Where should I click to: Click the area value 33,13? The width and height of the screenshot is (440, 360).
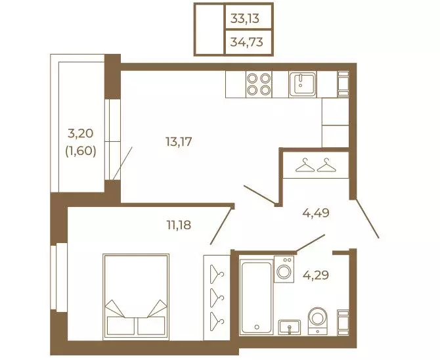point(245,18)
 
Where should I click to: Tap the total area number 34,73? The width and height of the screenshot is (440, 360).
point(247,42)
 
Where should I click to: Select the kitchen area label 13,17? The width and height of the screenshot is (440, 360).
point(179,141)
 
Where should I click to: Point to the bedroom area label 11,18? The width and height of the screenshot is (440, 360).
point(179,225)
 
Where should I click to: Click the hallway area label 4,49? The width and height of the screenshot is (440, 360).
point(316,213)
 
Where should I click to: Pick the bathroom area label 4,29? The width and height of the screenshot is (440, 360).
point(316,275)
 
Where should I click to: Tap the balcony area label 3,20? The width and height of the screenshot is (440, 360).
point(81,133)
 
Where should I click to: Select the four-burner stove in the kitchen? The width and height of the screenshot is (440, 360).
point(259,84)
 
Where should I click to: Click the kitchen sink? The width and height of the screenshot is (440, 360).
point(303,84)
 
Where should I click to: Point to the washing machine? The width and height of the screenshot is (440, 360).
point(284,269)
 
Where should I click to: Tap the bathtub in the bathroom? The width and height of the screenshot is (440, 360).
point(256,296)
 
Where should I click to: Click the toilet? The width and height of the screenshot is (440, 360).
point(318,321)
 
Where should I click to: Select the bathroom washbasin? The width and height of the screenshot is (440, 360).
point(290,327)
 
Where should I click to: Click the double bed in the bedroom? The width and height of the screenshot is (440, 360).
point(136,297)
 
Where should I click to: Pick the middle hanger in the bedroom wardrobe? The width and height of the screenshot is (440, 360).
point(217,296)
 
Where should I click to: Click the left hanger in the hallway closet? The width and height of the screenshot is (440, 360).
point(305,165)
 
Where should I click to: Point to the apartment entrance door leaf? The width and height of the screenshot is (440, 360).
point(367,219)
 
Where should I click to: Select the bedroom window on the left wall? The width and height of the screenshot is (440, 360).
point(59,277)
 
